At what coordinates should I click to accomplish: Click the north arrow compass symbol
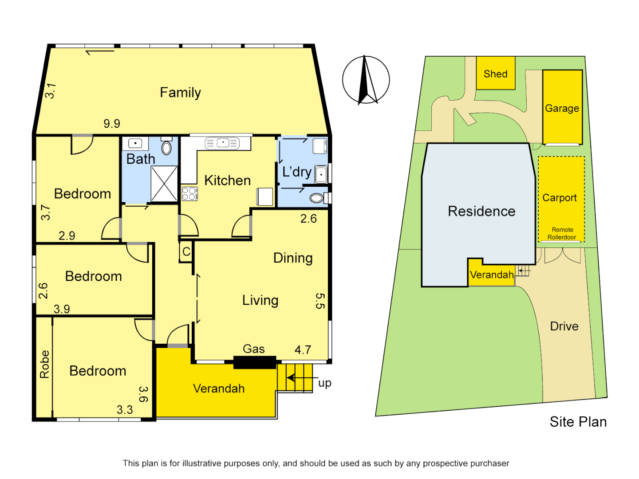(366, 80)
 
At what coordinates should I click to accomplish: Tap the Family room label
(180, 92)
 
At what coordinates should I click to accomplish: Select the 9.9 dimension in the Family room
(112, 123)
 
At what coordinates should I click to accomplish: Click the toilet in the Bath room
(166, 147)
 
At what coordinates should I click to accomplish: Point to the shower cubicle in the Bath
(164, 184)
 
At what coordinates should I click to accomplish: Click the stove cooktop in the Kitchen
(189, 194)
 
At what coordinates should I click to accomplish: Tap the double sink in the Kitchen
(222, 143)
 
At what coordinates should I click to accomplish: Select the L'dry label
(297, 172)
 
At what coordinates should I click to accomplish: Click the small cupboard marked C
(186, 251)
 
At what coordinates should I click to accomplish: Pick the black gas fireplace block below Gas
(255, 362)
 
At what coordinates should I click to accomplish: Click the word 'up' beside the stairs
(325, 383)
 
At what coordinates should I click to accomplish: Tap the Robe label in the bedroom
(44, 364)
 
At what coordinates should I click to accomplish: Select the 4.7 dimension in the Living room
(303, 350)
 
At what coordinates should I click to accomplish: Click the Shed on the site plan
(496, 73)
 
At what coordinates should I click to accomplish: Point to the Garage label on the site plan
(562, 108)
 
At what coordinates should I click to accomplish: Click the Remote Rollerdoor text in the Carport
(562, 233)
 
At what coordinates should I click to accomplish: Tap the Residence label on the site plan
(481, 211)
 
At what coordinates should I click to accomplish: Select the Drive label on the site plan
(564, 326)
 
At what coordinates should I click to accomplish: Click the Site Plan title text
(578, 422)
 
